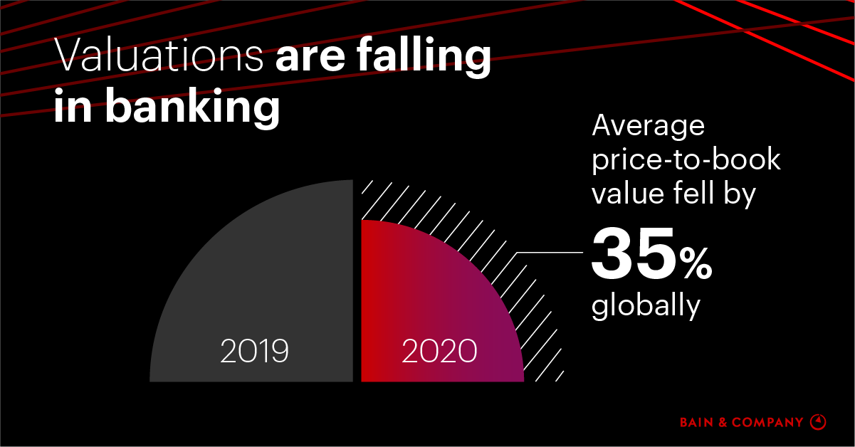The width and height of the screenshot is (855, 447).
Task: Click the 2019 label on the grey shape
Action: point(254,351)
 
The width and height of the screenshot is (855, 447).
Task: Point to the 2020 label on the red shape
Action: point(439,351)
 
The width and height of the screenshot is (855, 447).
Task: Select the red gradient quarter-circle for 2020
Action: point(427,299)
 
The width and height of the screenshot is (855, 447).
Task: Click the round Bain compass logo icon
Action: point(819,422)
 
